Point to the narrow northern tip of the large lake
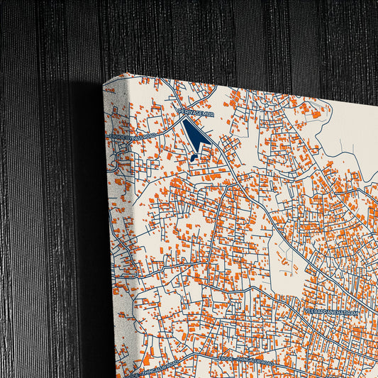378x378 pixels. coord(184,121)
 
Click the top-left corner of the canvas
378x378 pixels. coord(104,83)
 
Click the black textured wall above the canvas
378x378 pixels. coord(213,35)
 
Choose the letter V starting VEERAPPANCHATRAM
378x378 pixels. coord(306,311)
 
